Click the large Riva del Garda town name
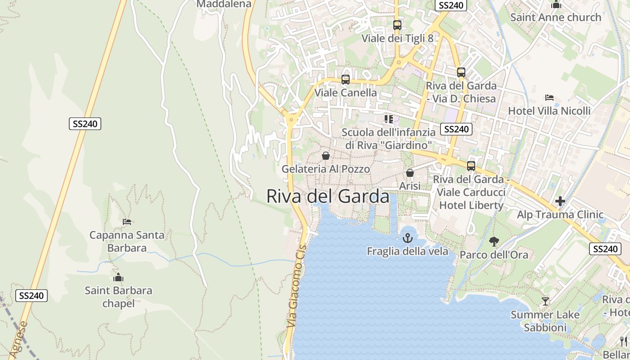pyautogui.click(x=328, y=197)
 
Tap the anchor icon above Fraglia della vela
pyautogui.click(x=408, y=238)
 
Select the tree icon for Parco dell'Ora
pyautogui.click(x=494, y=242)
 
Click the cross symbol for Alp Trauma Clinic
pyautogui.click(x=560, y=201)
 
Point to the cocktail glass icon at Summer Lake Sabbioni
pyautogui.click(x=545, y=301)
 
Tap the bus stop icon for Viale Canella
pyautogui.click(x=346, y=80)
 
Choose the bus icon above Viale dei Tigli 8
pyautogui.click(x=397, y=25)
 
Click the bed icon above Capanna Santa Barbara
pyautogui.click(x=127, y=222)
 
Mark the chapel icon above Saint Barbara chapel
pyautogui.click(x=118, y=277)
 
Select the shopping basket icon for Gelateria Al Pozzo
pyautogui.click(x=325, y=156)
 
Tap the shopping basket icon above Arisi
pyautogui.click(x=410, y=173)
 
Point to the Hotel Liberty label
pyautogui.click(x=471, y=205)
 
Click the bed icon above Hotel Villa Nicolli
pyautogui.click(x=549, y=98)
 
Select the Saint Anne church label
pyautogui.click(x=555, y=18)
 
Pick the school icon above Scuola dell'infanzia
pyautogui.click(x=388, y=119)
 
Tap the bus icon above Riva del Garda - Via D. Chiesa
pyautogui.click(x=461, y=72)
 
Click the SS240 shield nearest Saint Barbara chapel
pyautogui.click(x=31, y=296)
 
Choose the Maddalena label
pyautogui.click(x=224, y=4)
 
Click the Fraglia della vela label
pyautogui.click(x=408, y=251)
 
